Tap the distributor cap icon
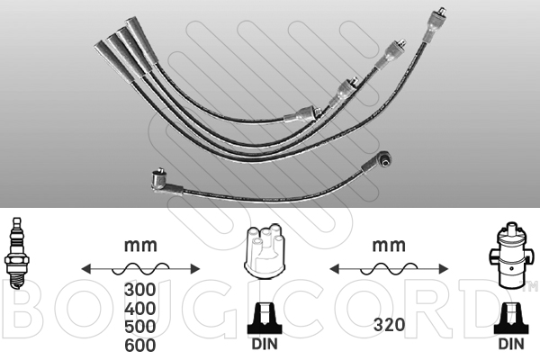pyautogui.click(x=265, y=250)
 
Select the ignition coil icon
pyautogui.click(x=510, y=256)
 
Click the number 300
pyautogui.click(x=139, y=290)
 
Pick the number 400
pyautogui.click(x=139, y=309)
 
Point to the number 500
pyautogui.click(x=139, y=327)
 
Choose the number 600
pyautogui.click(x=139, y=346)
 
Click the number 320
pyautogui.click(x=389, y=325)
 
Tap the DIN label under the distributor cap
pyautogui.click(x=265, y=344)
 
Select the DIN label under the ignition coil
pyautogui.click(x=511, y=344)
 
